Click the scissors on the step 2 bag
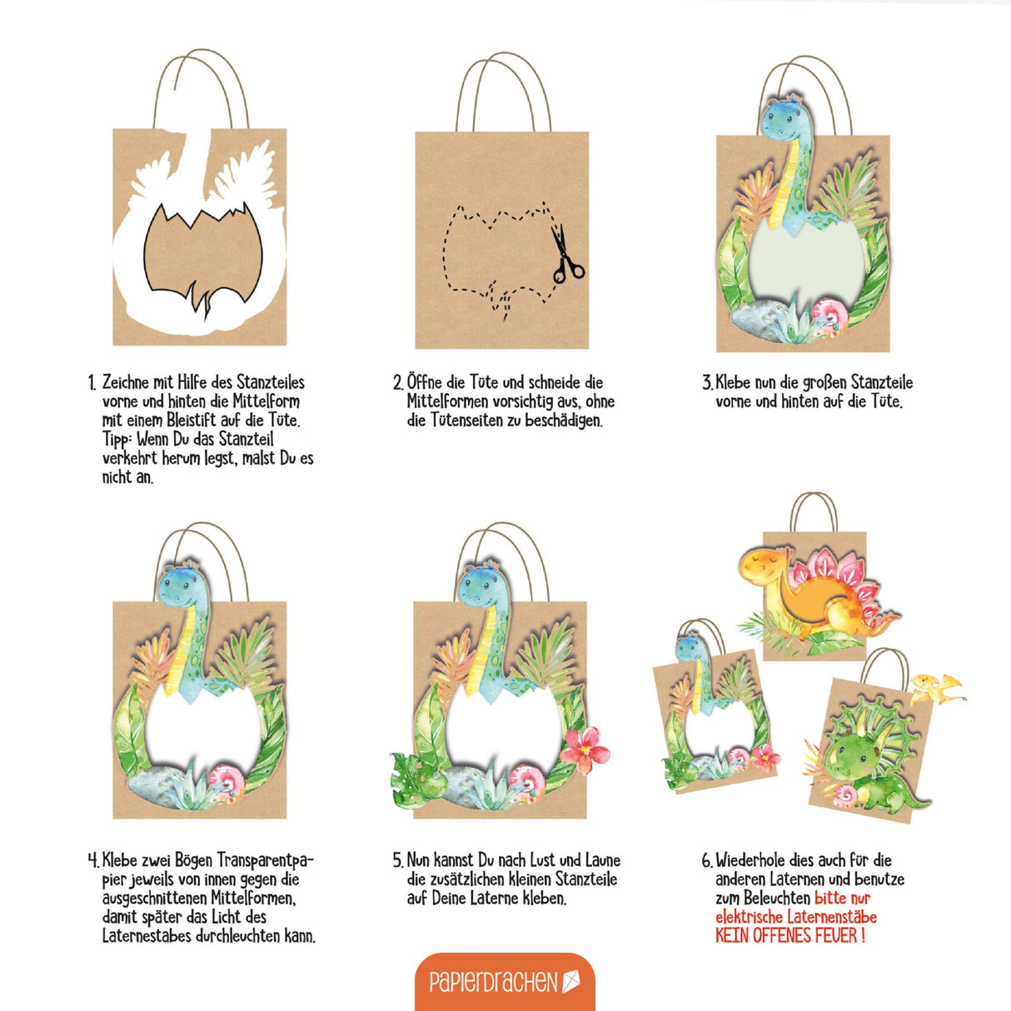click(x=566, y=255)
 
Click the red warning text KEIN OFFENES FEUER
click(x=790, y=935)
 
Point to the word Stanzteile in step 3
click(x=882, y=382)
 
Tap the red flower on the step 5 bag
click(x=585, y=750)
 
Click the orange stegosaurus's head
click(x=764, y=566)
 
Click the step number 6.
click(x=707, y=861)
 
